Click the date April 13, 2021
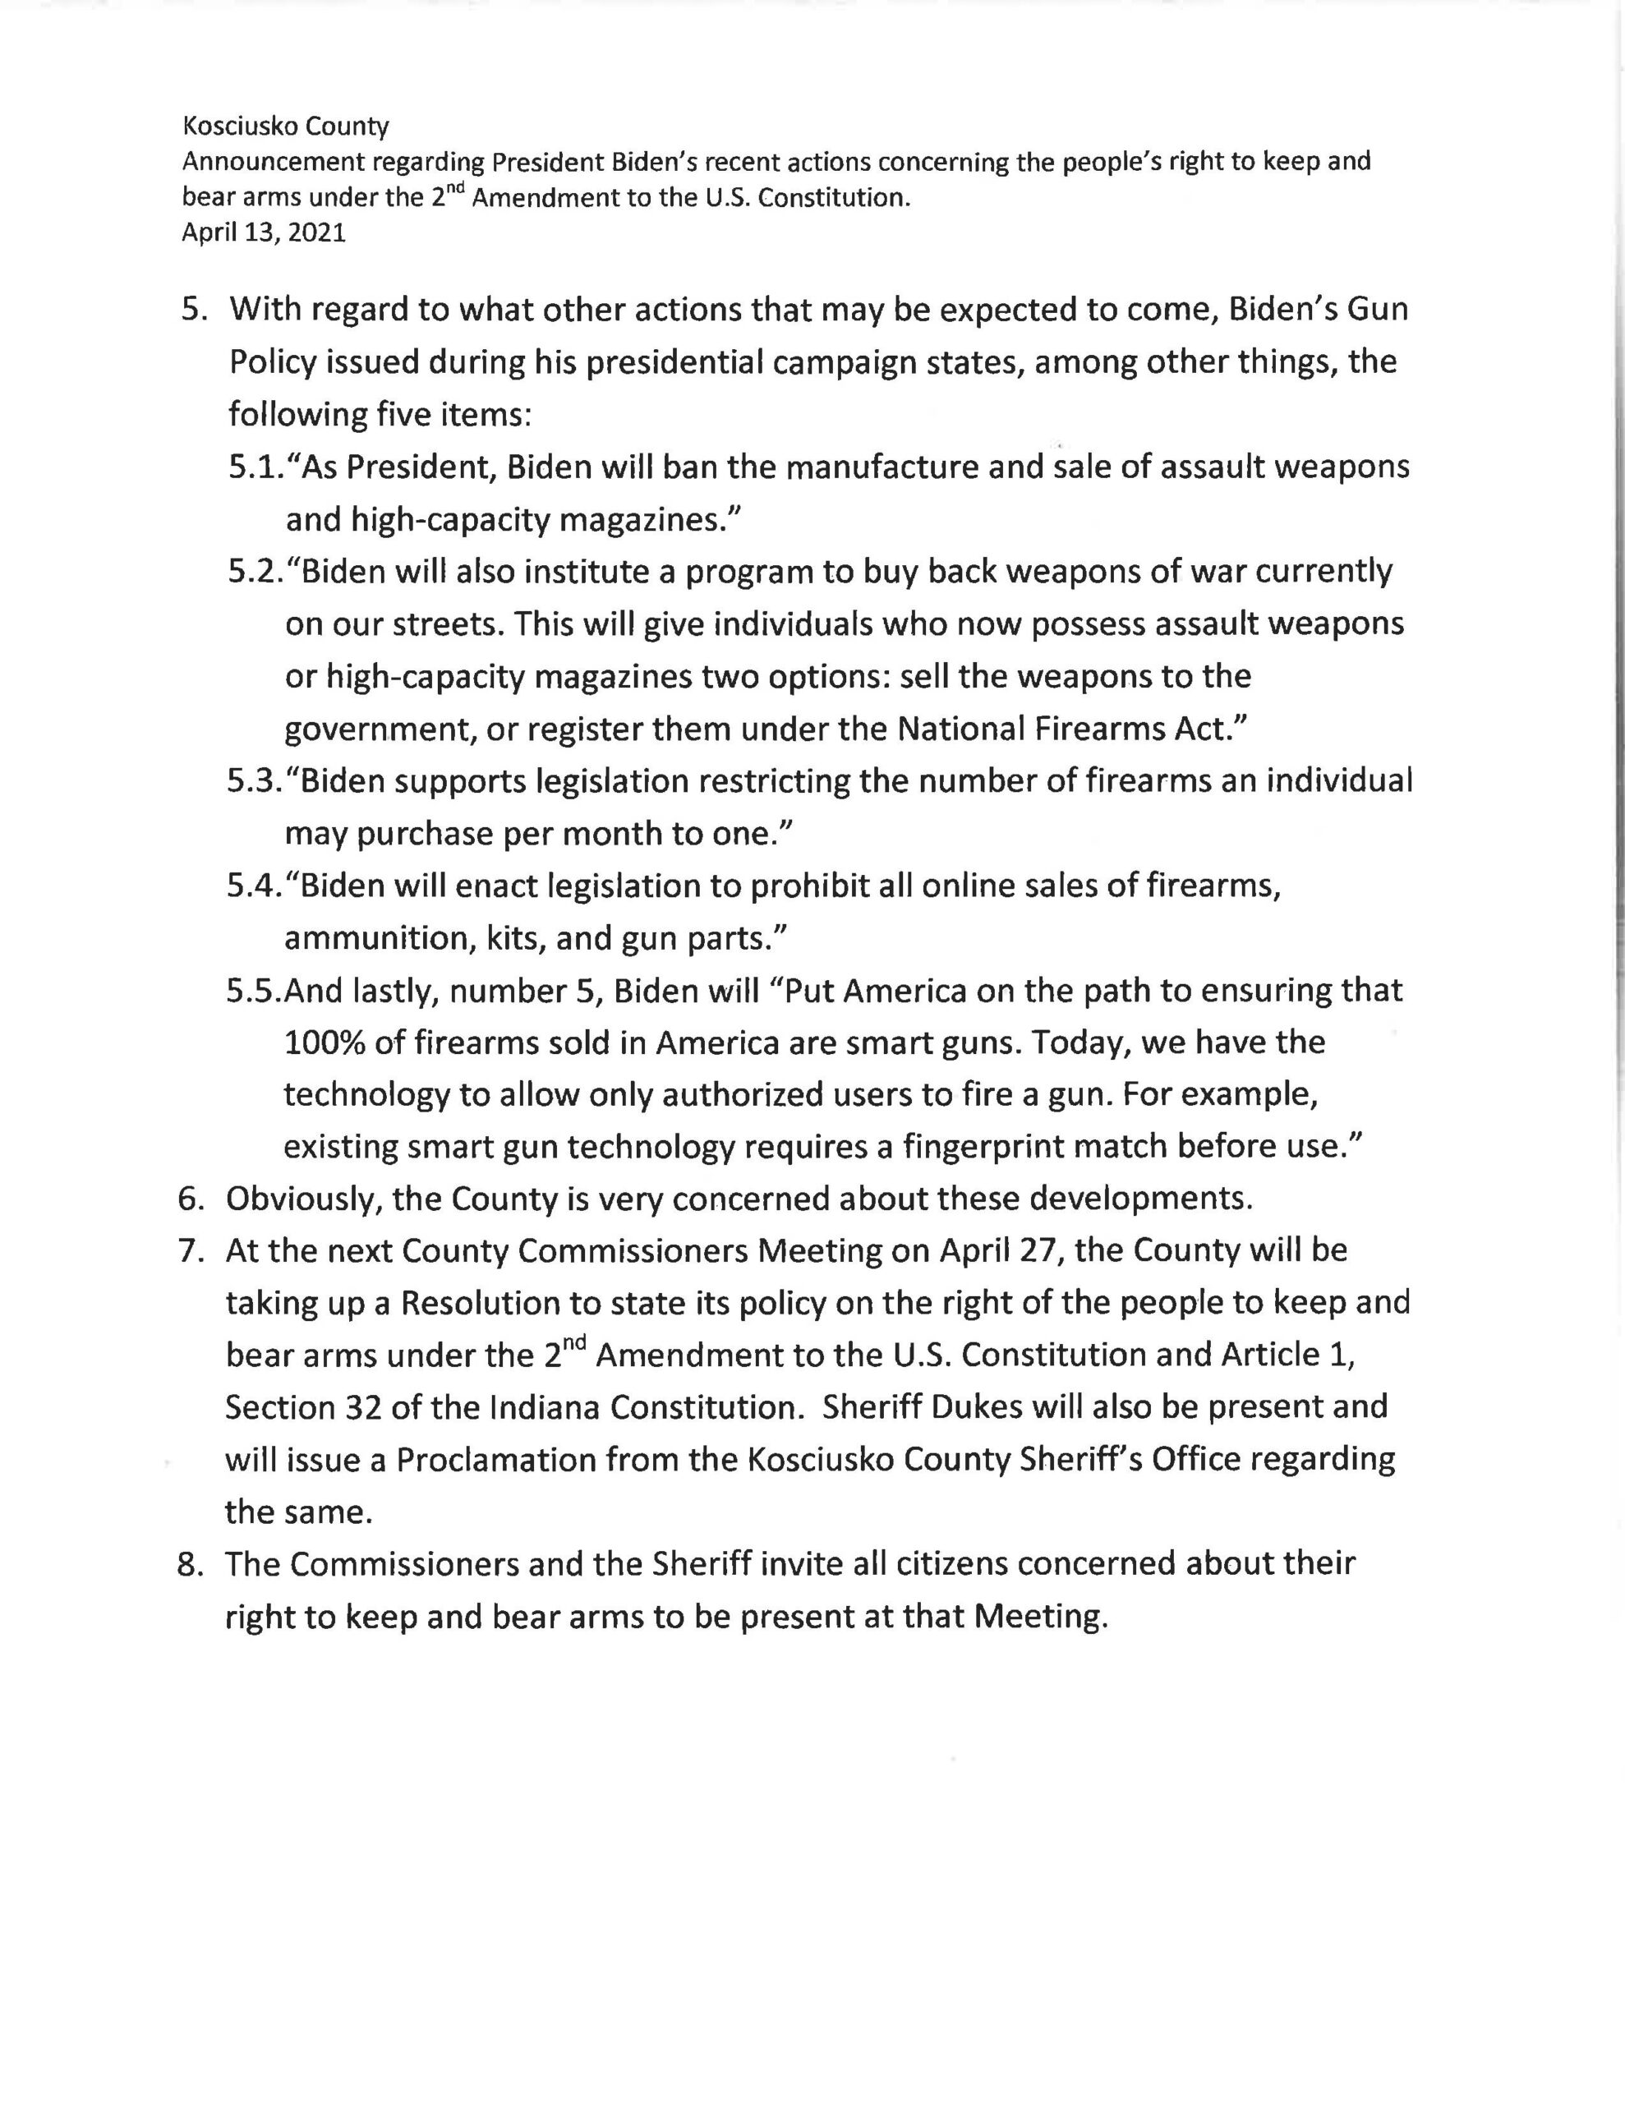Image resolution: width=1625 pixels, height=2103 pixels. (263, 233)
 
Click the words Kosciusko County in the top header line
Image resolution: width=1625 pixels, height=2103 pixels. (285, 127)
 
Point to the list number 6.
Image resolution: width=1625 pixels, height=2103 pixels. (191, 1199)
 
